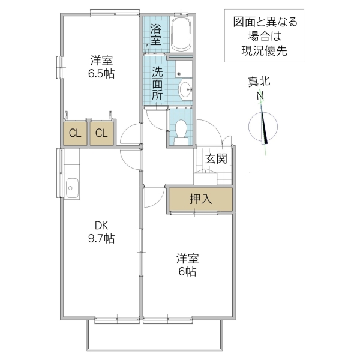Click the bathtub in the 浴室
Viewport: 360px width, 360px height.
pyautogui.click(x=181, y=34)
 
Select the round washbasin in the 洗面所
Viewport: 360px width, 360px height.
pyautogui.click(x=186, y=90)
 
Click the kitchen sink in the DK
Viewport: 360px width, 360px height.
pyautogui.click(x=71, y=188)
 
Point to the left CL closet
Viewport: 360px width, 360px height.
pyautogui.click(x=75, y=133)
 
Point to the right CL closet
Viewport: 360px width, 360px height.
pyautogui.click(x=101, y=133)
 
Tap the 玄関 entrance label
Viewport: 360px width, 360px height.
pyautogui.click(x=216, y=159)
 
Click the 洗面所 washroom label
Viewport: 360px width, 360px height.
pyautogui.click(x=157, y=82)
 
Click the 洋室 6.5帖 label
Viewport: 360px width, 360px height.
pyautogui.click(x=102, y=67)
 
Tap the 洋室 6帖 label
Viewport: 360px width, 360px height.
pyautogui.click(x=188, y=265)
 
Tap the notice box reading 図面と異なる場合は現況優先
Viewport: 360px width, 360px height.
pyautogui.click(x=265, y=37)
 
